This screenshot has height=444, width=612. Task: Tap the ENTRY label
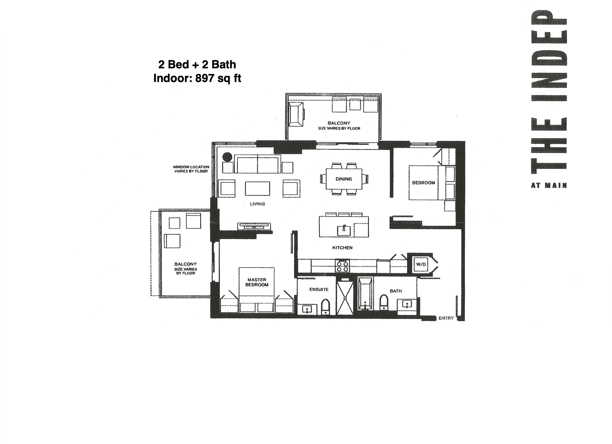click(x=446, y=318)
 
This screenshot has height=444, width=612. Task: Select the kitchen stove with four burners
click(x=342, y=265)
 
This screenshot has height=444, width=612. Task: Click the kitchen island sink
click(x=344, y=231)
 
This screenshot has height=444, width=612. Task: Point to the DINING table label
click(x=344, y=179)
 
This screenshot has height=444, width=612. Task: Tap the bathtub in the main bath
click(x=365, y=294)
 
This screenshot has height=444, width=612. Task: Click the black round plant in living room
click(x=227, y=157)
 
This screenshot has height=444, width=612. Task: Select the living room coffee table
click(x=257, y=189)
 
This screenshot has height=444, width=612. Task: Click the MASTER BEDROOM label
click(x=257, y=282)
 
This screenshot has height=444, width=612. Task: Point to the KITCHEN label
click(x=342, y=248)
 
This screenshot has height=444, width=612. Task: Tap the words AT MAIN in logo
click(x=549, y=186)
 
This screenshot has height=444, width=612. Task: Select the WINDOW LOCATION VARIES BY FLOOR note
click(x=191, y=169)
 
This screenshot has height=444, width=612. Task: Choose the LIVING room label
click(x=257, y=204)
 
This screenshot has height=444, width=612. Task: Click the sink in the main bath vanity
click(x=407, y=304)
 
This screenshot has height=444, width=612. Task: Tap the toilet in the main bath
click(x=384, y=302)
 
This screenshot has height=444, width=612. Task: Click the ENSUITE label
click(x=319, y=290)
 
